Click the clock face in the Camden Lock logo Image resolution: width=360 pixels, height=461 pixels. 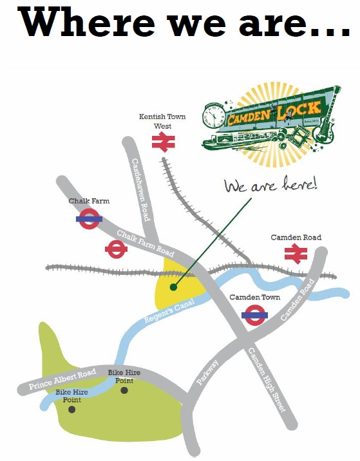(x=214, y=117)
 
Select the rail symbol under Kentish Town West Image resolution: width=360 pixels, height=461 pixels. (x=164, y=143)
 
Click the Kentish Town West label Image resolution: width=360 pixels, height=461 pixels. (x=163, y=121)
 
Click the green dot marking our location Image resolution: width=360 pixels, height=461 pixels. (x=172, y=287)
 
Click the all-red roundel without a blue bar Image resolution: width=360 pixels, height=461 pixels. (x=116, y=249)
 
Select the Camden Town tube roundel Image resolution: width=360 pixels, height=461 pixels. (x=254, y=315)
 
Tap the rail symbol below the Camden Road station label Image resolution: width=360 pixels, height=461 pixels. (x=296, y=254)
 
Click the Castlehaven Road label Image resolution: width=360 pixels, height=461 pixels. (x=140, y=190)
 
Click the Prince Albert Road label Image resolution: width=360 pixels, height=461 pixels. (x=62, y=381)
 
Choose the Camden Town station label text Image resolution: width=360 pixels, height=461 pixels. (x=255, y=297)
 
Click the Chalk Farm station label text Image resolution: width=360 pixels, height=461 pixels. (x=89, y=201)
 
